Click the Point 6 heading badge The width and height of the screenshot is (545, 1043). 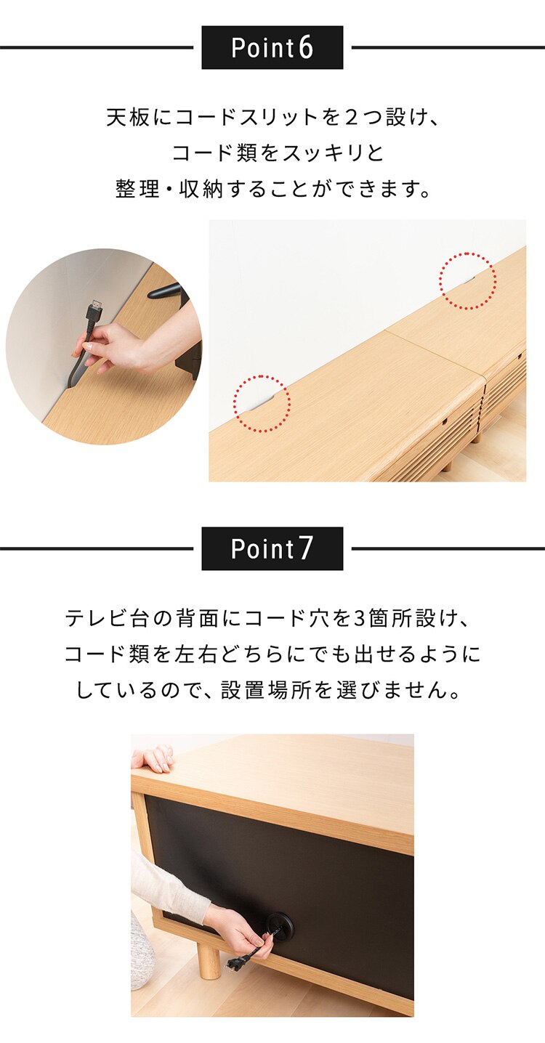(272, 48)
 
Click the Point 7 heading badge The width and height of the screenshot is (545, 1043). (272, 549)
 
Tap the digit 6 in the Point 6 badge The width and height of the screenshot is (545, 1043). (306, 48)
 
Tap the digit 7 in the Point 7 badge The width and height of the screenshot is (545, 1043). (306, 549)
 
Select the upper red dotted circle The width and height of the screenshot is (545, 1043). (467, 280)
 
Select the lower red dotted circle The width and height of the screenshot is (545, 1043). (262, 403)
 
